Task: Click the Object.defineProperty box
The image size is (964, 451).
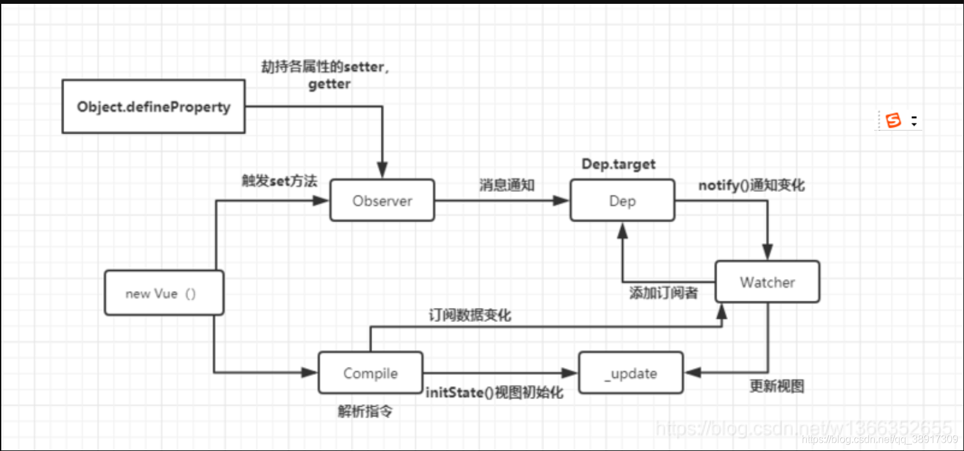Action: click(x=153, y=106)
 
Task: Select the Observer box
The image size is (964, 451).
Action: click(x=382, y=201)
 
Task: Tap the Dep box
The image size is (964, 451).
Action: click(x=622, y=201)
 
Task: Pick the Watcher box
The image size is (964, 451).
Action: click(x=767, y=282)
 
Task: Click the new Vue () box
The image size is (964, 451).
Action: click(x=164, y=293)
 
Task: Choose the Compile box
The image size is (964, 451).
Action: click(x=371, y=373)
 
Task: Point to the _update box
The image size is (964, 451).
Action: click(x=630, y=373)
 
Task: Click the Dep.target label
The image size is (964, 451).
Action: click(x=618, y=164)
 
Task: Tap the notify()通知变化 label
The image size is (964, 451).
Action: click(x=751, y=186)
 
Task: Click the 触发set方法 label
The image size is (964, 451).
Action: click(x=279, y=182)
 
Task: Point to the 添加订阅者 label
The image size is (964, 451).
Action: click(x=663, y=293)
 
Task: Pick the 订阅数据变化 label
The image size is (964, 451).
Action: click(x=469, y=316)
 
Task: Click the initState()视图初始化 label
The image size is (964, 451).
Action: click(x=495, y=392)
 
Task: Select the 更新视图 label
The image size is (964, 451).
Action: click(x=777, y=386)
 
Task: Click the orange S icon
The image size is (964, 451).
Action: click(x=893, y=120)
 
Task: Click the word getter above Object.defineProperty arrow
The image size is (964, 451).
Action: click(x=329, y=85)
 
